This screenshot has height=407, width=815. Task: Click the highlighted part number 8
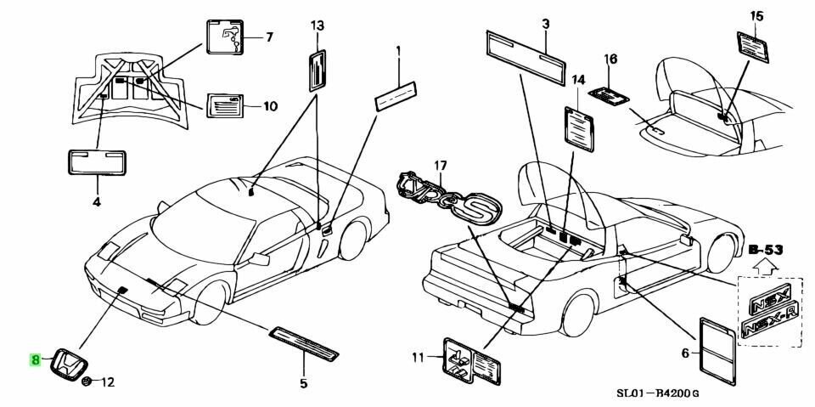(x=36, y=359)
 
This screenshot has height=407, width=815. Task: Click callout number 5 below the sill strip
(x=303, y=384)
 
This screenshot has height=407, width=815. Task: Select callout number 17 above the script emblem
(x=440, y=165)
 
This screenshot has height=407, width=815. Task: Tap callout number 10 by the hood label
(x=269, y=107)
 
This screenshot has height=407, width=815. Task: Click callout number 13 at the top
(x=317, y=25)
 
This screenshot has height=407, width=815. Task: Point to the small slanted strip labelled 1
(x=396, y=94)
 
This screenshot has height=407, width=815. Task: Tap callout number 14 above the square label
(x=578, y=80)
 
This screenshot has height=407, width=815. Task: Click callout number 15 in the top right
(x=757, y=15)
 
